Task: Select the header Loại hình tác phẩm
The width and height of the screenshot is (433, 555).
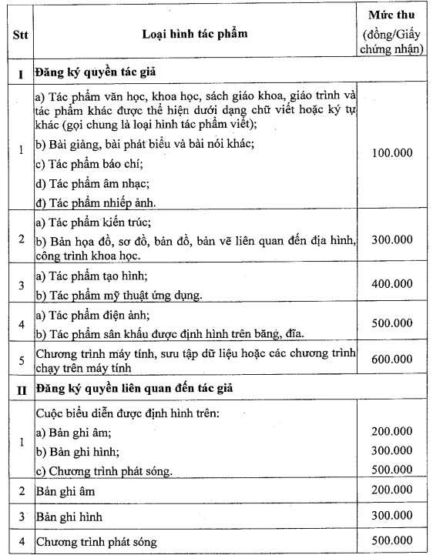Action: [195, 35]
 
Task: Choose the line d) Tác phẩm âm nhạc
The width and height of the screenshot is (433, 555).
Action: [82, 184]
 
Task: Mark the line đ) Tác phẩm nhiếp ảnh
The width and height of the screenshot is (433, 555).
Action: [85, 203]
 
